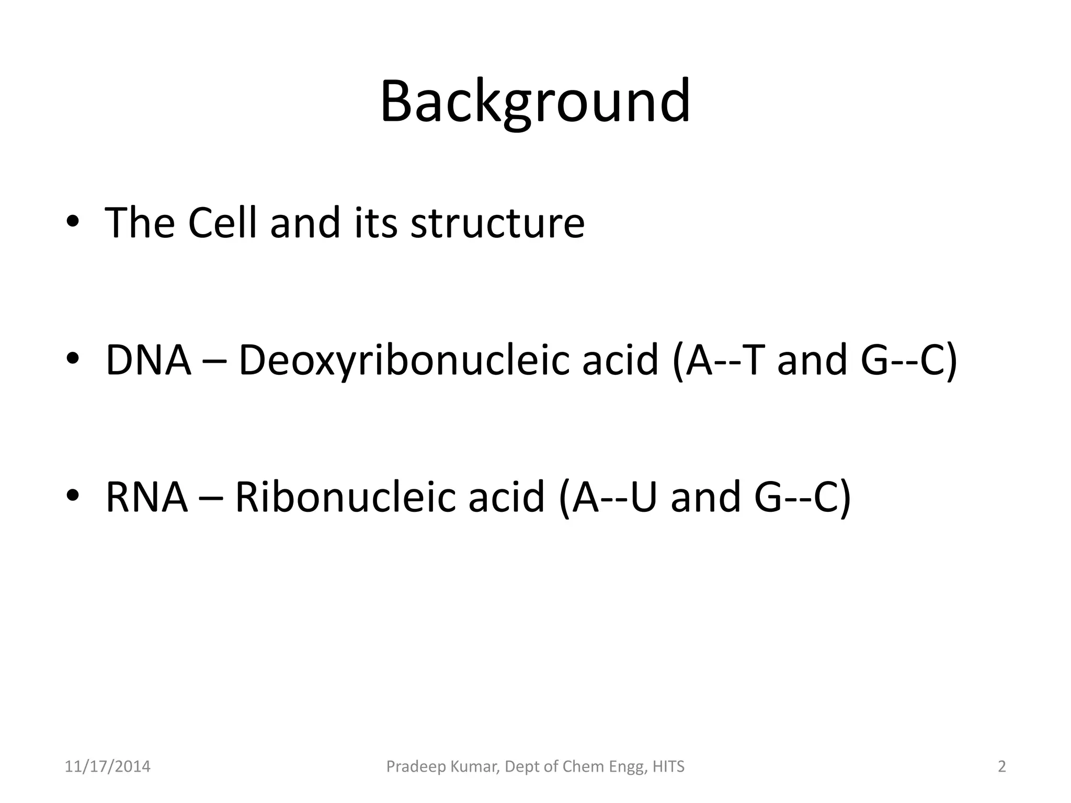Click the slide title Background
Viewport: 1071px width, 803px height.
click(535, 102)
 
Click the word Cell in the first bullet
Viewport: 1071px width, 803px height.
click(222, 223)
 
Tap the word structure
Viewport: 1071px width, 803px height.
click(497, 223)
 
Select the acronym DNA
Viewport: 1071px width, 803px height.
click(148, 360)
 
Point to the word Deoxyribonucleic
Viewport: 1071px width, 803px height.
click(403, 360)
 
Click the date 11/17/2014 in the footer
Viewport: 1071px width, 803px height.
click(107, 767)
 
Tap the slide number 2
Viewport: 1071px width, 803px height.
click(1002, 767)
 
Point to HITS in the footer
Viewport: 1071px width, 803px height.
click(668, 767)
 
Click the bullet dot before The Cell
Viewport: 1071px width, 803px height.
click(73, 222)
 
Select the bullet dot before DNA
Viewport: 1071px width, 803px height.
click(73, 359)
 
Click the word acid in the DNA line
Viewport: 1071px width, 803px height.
click(620, 360)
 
